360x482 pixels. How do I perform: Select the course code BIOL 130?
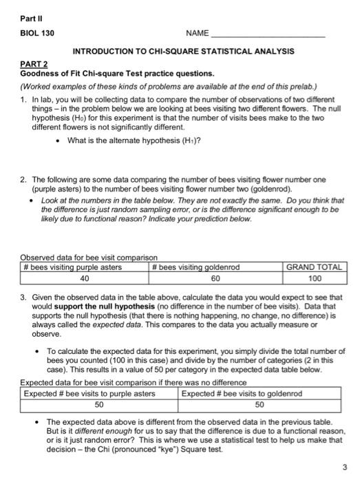(37, 33)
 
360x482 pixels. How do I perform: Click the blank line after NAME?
(268, 34)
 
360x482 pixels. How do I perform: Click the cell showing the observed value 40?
(85, 279)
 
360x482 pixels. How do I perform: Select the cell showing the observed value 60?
(215, 279)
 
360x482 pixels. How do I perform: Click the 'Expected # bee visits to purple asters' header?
(89, 394)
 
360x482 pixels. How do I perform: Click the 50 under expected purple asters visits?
(99, 405)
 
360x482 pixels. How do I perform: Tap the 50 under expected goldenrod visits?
(260, 405)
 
